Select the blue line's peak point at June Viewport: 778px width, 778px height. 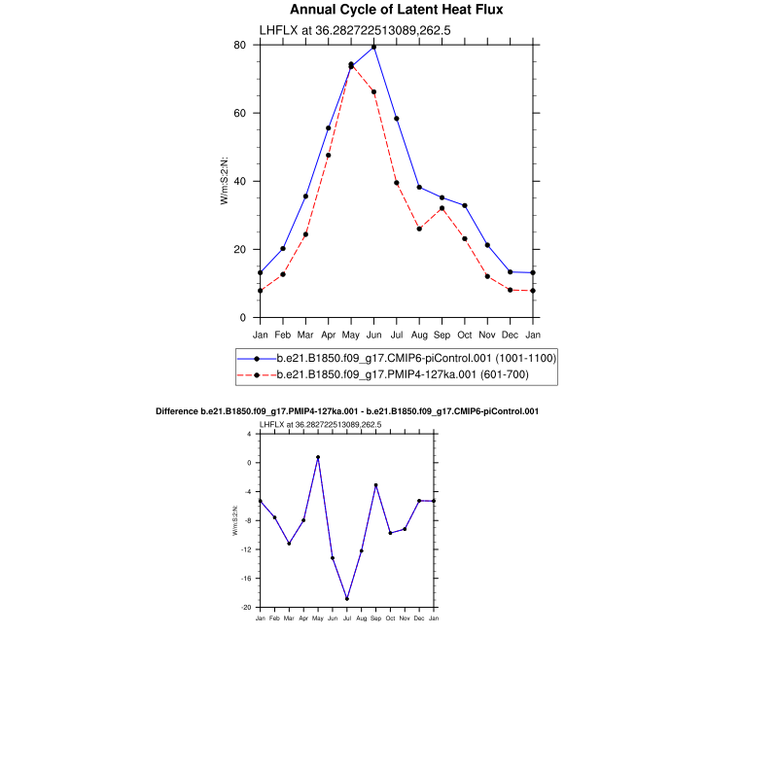pyautogui.click(x=373, y=47)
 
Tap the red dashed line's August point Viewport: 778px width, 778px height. pyautogui.click(x=419, y=229)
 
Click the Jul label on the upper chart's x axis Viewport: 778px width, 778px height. pyautogui.click(x=396, y=335)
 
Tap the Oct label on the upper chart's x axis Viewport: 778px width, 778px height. pyautogui.click(x=465, y=335)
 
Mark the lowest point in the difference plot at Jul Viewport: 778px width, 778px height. pyautogui.click(x=347, y=599)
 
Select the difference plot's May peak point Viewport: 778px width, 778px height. pyautogui.click(x=318, y=457)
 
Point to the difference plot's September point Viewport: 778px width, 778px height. pyautogui.click(x=375, y=485)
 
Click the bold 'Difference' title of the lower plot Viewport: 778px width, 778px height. pyautogui.click(x=347, y=411)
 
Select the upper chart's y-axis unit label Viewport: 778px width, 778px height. pyautogui.click(x=225, y=181)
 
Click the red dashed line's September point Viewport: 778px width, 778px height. pyautogui.click(x=442, y=208)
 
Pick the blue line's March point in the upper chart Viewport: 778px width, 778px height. pyautogui.click(x=305, y=196)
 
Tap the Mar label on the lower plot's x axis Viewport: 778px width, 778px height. pyautogui.click(x=289, y=618)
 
